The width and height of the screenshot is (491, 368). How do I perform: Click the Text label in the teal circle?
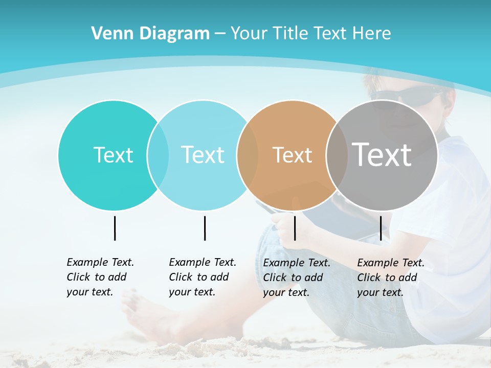pos(113,155)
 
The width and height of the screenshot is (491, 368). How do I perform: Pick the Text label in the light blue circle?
pos(203,155)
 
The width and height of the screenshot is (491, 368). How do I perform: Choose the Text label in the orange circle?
pos(292,155)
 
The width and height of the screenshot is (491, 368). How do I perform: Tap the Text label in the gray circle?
pos(382,154)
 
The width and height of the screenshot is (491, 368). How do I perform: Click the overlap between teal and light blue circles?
pos(158,155)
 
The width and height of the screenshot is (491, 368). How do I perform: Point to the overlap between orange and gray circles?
pos(337,155)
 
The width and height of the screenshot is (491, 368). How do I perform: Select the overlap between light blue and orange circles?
pos(248,155)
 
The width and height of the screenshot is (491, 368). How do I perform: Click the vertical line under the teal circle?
pos(115,228)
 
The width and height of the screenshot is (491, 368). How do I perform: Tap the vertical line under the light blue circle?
pos(205,228)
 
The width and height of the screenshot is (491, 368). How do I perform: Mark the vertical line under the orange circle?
pos(295,228)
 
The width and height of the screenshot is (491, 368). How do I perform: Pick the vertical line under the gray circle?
pos(381,228)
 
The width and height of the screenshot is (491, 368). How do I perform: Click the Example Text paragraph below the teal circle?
pos(100,277)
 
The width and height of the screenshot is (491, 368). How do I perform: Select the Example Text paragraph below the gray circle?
pos(390,278)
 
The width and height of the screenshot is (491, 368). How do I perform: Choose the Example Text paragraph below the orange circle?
pos(296,278)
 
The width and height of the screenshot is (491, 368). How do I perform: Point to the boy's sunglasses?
pos(404,96)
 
